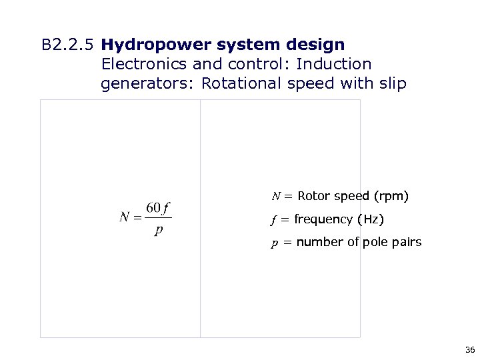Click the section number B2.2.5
(69, 45)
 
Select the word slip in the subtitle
(392, 84)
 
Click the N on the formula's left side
(125, 217)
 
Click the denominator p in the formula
(158, 231)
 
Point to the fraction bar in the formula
(158, 217)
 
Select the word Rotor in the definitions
(314, 196)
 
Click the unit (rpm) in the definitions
(391, 196)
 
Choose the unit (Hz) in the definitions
(371, 219)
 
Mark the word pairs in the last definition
(407, 242)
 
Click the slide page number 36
(469, 349)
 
